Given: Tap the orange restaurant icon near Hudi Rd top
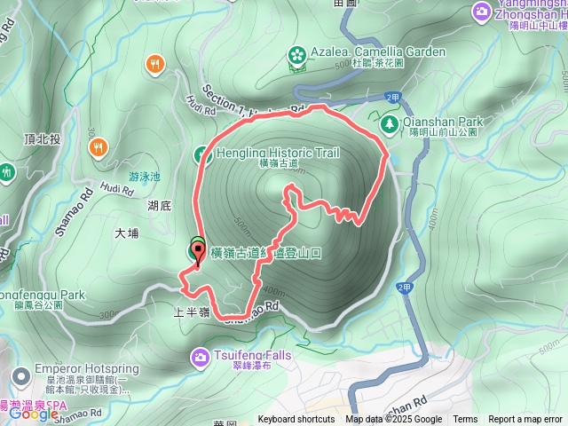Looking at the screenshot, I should point(155,63).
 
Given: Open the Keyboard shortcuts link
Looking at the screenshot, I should point(296,420).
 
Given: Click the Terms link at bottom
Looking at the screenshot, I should point(465,420).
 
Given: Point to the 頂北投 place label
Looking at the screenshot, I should point(43,139).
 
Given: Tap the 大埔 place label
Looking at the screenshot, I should point(127,233).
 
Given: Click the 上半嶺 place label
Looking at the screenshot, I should point(192,313).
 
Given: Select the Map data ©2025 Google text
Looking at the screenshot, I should point(393,420).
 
